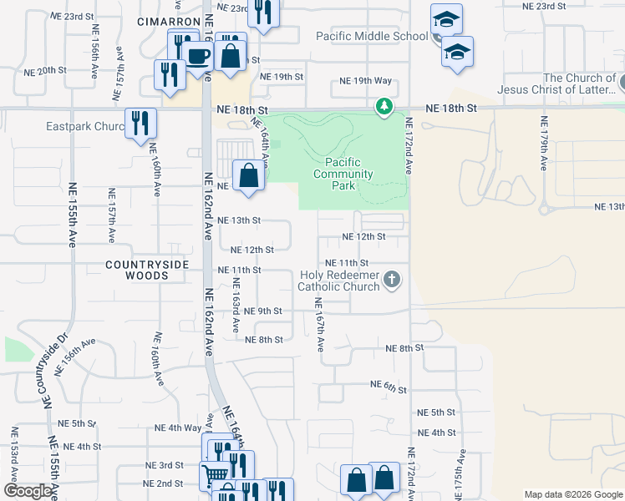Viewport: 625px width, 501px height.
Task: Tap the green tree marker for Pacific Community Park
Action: tap(384, 106)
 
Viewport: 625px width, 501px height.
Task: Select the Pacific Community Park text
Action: tap(343, 174)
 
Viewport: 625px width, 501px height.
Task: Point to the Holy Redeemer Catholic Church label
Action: tap(341, 281)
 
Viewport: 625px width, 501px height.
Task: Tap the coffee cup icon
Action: tap(199, 57)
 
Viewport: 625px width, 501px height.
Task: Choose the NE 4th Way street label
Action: tap(178, 428)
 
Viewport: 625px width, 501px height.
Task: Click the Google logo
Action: tap(28, 491)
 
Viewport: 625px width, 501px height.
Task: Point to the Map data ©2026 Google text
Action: tap(572, 494)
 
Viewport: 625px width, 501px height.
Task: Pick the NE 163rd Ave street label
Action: tap(236, 303)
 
